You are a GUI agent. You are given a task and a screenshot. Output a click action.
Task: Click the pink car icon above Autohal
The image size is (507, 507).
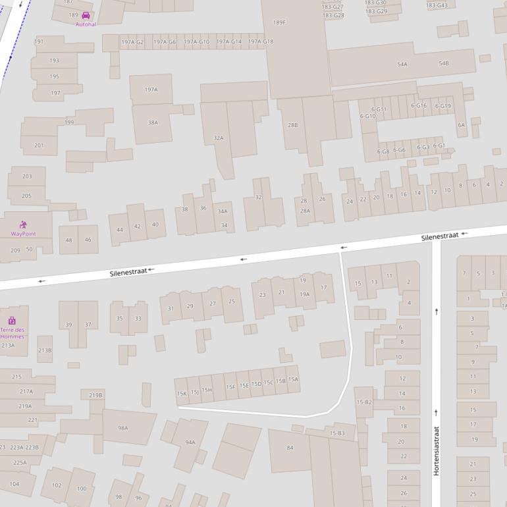(x=85, y=15)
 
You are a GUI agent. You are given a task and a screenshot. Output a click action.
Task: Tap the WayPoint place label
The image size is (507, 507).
(x=23, y=234)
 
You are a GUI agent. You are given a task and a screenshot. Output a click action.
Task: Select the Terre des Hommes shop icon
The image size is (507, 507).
(x=12, y=321)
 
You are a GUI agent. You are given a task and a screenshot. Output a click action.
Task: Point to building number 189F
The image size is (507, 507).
(x=280, y=22)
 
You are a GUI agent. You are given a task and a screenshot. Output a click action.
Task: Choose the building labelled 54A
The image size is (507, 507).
(x=402, y=64)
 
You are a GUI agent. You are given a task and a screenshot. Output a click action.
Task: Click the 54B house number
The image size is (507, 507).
(x=444, y=63)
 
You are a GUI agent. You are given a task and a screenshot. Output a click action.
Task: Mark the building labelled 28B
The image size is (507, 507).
(x=292, y=124)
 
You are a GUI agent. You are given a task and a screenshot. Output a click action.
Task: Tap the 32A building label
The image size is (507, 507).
(x=219, y=138)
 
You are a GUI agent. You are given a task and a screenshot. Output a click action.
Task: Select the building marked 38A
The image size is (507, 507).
(x=153, y=122)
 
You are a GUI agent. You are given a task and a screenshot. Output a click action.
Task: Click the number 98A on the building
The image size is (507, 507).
(x=122, y=428)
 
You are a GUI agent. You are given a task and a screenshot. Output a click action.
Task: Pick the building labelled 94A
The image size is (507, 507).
(x=190, y=442)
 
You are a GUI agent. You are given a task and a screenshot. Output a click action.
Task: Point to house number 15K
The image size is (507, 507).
(x=181, y=394)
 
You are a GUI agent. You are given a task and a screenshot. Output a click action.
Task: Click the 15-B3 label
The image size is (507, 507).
(x=336, y=433)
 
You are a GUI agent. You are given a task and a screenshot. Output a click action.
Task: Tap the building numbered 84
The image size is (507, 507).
(x=290, y=448)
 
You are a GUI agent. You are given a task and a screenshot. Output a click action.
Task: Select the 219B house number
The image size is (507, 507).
(x=95, y=395)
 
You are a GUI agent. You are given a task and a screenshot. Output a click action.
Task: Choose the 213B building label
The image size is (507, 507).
(x=45, y=350)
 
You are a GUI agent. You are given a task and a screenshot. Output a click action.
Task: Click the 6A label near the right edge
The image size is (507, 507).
(x=461, y=124)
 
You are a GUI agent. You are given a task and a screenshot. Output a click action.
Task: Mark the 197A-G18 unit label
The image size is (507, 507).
(x=260, y=42)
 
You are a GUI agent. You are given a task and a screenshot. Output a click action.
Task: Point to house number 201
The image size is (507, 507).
(x=39, y=145)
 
